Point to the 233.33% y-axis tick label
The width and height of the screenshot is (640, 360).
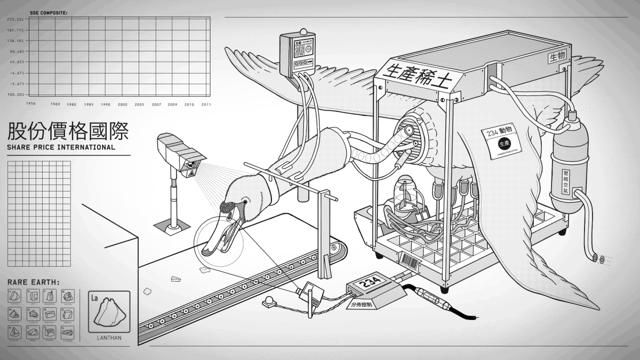point(14,19)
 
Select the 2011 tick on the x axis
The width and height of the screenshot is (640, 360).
point(206,105)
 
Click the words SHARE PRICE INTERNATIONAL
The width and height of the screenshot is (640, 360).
point(61,147)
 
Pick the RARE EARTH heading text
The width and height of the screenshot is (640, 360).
point(33,282)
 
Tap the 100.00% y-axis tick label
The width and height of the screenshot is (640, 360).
point(14,94)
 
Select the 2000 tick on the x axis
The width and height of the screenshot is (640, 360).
point(123,105)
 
